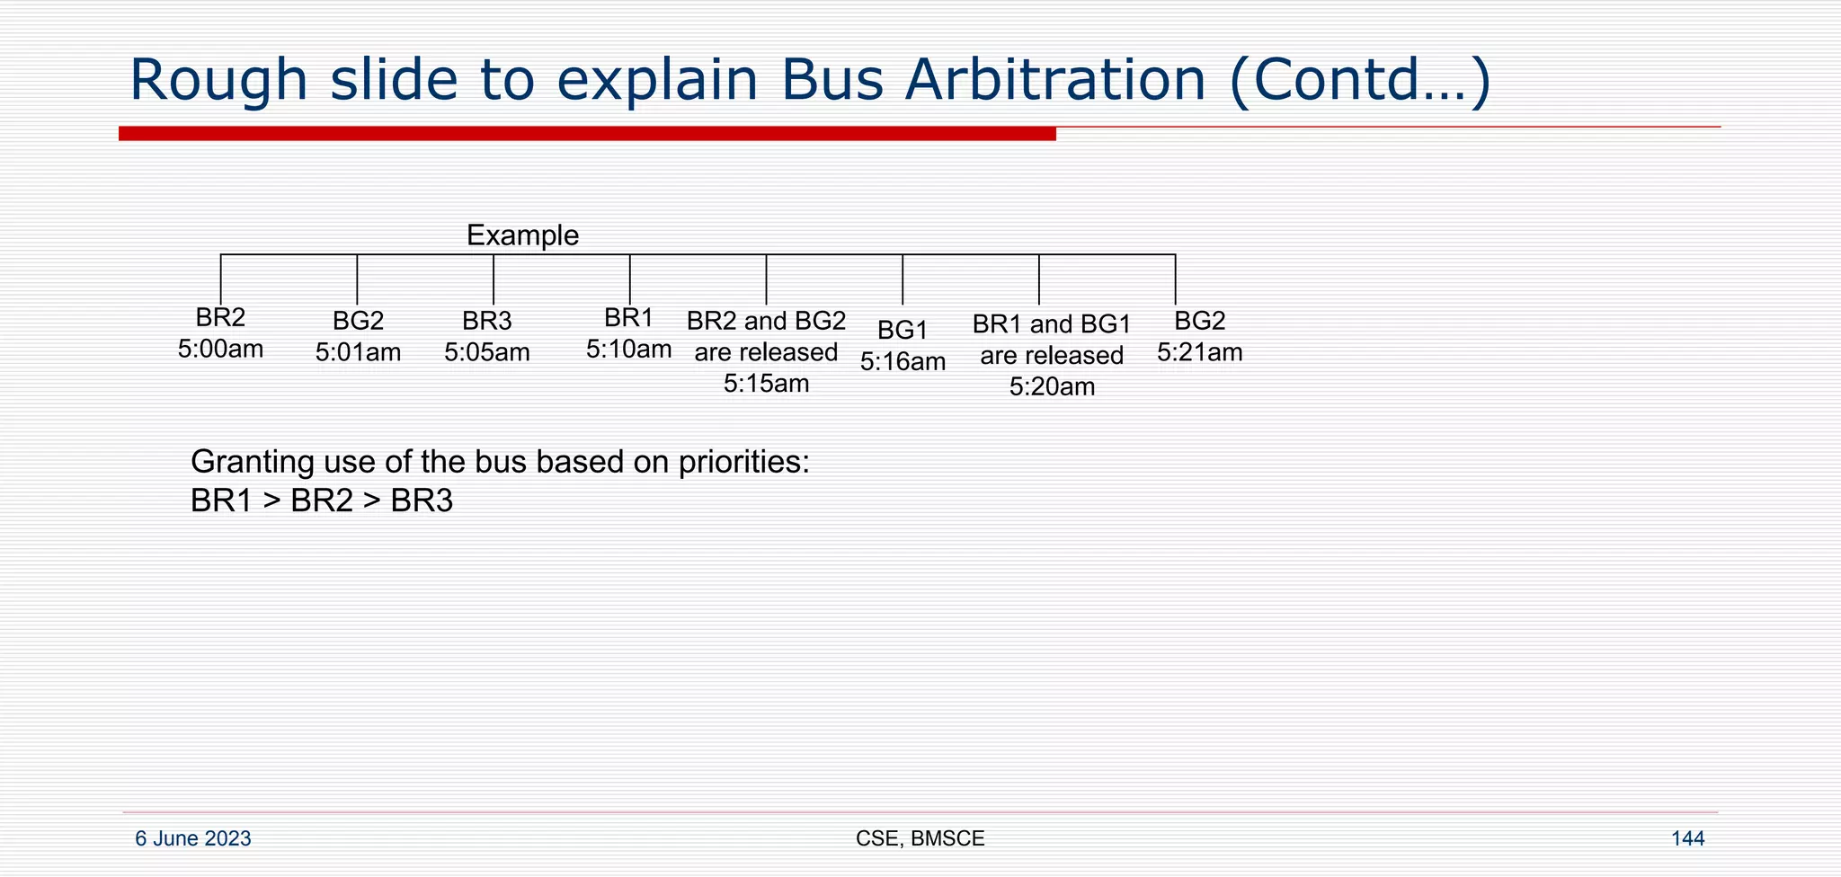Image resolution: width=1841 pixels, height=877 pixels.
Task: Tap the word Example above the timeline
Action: click(x=522, y=235)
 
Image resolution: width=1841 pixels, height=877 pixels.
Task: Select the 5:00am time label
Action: click(x=220, y=349)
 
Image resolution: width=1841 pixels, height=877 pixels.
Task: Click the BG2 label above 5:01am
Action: click(x=358, y=321)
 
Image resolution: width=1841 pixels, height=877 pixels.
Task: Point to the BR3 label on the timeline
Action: click(x=486, y=321)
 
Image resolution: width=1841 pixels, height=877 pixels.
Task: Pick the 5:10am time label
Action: click(x=628, y=349)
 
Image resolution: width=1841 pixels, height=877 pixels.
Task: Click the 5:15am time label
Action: click(x=766, y=384)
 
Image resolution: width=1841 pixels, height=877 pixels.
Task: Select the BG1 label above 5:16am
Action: click(x=903, y=330)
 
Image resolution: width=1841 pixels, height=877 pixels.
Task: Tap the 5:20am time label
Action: click(x=1052, y=387)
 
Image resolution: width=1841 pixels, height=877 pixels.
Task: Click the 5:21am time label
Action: click(x=1199, y=352)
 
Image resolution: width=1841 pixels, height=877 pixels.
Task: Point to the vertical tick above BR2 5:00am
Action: click(x=221, y=279)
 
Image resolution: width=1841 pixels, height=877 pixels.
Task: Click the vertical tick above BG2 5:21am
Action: click(x=1175, y=279)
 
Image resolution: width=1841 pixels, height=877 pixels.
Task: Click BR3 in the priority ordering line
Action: click(x=422, y=501)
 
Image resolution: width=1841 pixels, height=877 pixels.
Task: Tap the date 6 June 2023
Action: click(x=192, y=838)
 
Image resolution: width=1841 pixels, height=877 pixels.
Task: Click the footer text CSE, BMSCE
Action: click(x=920, y=838)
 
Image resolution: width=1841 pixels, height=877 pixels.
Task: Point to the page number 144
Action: click(x=1687, y=838)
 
